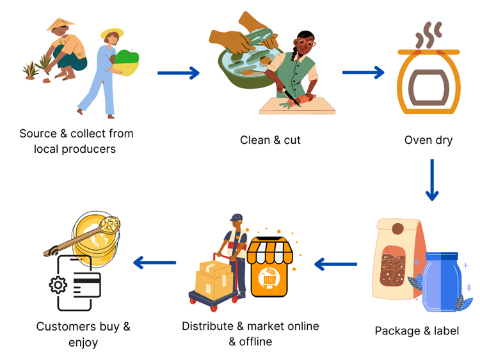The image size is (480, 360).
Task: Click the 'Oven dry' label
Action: (x=428, y=140)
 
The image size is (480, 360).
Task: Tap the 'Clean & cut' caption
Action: (x=270, y=140)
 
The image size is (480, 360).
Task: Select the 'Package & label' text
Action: (x=417, y=331)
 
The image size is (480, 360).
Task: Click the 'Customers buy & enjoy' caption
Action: (x=83, y=334)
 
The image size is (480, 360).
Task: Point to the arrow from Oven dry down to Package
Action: (x=432, y=180)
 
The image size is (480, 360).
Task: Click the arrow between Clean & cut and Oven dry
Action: (x=363, y=72)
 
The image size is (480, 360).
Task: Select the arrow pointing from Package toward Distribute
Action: (x=335, y=263)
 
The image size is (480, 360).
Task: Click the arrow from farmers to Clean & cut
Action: (x=179, y=73)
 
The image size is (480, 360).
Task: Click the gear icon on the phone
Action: (x=58, y=285)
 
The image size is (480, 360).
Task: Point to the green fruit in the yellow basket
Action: (x=127, y=58)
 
